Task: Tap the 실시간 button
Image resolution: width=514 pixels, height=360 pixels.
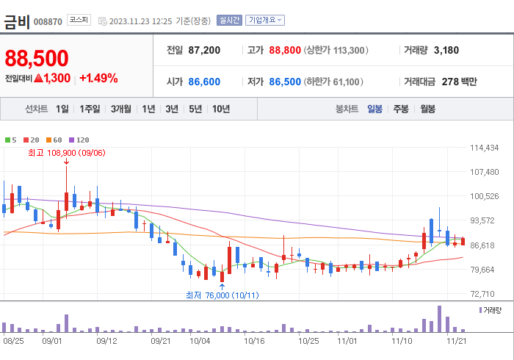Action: (229, 20)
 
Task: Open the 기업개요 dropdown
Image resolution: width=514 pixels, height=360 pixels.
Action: (265, 20)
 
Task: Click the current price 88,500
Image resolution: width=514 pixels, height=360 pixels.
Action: (37, 58)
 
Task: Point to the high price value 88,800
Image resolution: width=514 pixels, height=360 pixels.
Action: (285, 50)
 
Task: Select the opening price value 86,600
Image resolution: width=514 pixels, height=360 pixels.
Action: (204, 82)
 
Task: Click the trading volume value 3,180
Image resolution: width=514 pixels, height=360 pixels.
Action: (446, 50)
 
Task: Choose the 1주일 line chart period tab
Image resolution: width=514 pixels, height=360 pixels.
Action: (90, 109)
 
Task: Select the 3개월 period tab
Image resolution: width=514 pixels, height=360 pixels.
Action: (121, 109)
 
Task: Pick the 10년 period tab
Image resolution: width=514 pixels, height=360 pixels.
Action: (220, 109)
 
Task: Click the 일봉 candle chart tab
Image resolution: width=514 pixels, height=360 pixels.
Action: (374, 109)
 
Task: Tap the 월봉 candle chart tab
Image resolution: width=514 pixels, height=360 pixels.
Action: (427, 109)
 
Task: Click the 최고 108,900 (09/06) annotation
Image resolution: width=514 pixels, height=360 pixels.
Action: (66, 153)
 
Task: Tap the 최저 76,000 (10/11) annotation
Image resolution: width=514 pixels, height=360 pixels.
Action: (221, 295)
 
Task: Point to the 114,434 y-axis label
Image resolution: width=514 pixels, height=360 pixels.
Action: (484, 148)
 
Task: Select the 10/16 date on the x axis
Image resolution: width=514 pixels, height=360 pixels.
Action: (254, 341)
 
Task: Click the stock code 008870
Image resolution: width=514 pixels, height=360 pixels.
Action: (48, 21)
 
